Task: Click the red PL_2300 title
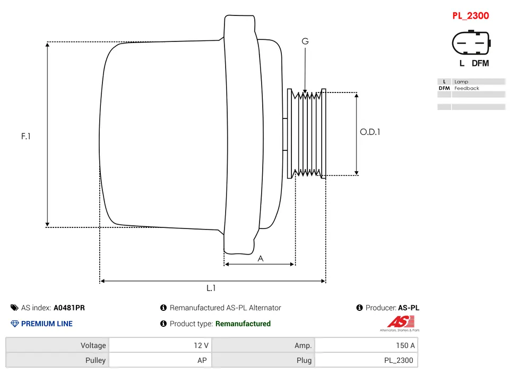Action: (470, 16)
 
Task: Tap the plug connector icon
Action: (471, 43)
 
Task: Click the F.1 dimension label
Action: (26, 136)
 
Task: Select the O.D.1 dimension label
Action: (370, 132)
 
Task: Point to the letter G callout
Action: (305, 41)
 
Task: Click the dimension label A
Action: (260, 259)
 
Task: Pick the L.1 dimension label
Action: (211, 288)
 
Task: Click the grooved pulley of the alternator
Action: (308, 133)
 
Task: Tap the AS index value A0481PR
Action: (69, 308)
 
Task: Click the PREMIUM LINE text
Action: (47, 324)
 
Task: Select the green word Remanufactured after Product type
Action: (243, 324)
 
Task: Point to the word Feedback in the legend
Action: (467, 88)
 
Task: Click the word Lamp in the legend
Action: (461, 82)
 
